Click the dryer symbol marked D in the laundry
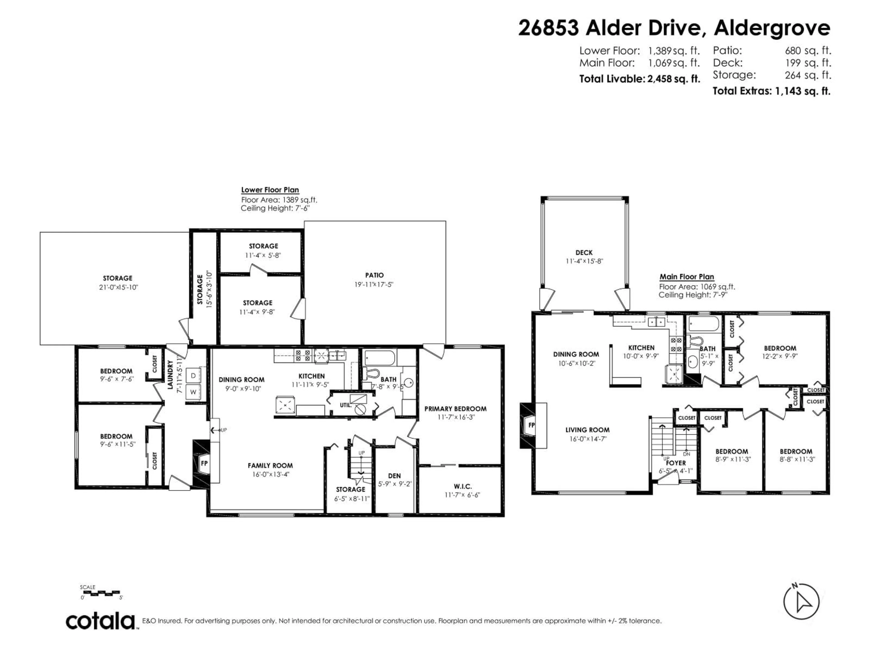(193, 376)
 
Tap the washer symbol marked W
(193, 392)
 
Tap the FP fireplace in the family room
(204, 463)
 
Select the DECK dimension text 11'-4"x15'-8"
(584, 261)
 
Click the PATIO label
(374, 275)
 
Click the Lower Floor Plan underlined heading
(270, 190)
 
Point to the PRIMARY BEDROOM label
(455, 409)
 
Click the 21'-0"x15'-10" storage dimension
(119, 287)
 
